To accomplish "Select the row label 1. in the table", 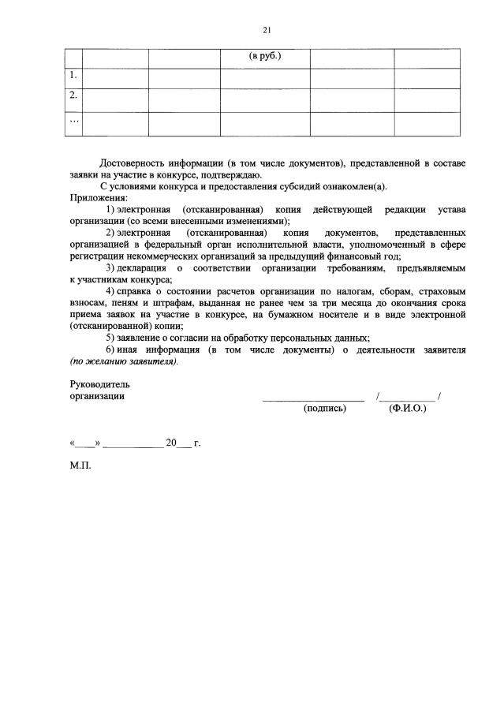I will coord(73,76).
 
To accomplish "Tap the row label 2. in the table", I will coord(73,95).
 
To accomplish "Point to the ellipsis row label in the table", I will coord(73,120).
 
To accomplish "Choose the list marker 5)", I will coord(110,338).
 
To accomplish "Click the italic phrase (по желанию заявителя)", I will coord(124,361).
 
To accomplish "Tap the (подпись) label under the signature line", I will coord(325,409).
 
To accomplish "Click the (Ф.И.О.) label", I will coord(408,409).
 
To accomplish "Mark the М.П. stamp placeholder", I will coord(80,465).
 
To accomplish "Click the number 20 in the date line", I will coord(170,443).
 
